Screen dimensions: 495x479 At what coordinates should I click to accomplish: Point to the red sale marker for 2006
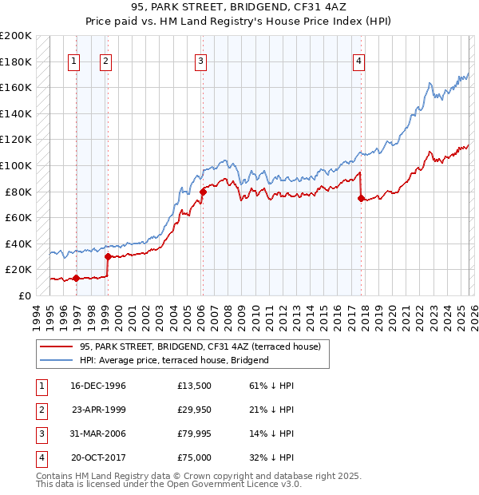point(203,192)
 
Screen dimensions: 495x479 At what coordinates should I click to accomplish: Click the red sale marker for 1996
point(76,278)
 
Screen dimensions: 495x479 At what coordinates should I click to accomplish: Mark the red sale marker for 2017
point(361,199)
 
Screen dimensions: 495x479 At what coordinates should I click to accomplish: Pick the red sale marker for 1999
point(108,256)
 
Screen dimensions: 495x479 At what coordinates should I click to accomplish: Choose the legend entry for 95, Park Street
point(200,346)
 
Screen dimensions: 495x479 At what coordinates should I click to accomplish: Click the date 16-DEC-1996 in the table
point(98,386)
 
